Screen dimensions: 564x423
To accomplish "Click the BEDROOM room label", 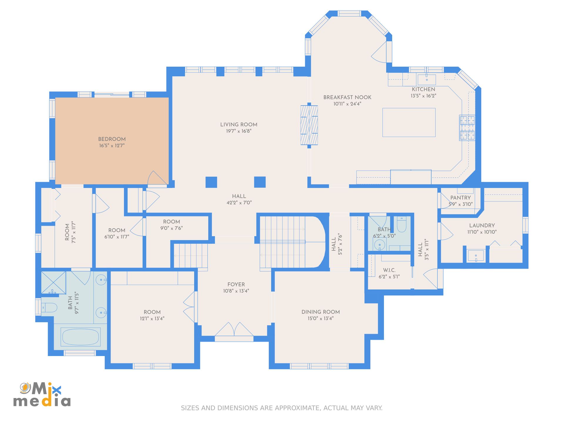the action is pyautogui.click(x=112, y=139).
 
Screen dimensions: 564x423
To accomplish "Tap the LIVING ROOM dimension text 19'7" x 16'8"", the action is pyautogui.click(x=239, y=131).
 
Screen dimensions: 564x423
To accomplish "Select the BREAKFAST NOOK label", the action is pyautogui.click(x=347, y=97).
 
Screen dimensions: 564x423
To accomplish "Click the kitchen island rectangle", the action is pyautogui.click(x=409, y=122).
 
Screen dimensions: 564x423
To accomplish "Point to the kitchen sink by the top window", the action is pyautogui.click(x=427, y=79).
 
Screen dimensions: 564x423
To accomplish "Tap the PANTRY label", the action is pyautogui.click(x=461, y=198).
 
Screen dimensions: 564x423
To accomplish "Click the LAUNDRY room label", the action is pyautogui.click(x=482, y=226).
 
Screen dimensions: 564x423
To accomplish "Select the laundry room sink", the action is pyautogui.click(x=476, y=256).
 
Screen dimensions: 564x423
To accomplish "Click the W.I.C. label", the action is pyautogui.click(x=389, y=270).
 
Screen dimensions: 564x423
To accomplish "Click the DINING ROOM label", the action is pyautogui.click(x=320, y=312).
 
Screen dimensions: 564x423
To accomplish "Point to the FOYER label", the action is pyautogui.click(x=236, y=284).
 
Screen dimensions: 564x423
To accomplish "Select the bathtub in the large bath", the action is pyautogui.click(x=80, y=337).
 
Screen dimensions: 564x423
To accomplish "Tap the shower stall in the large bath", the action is pyautogui.click(x=53, y=283).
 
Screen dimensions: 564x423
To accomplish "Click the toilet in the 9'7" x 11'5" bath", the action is pyautogui.click(x=49, y=308).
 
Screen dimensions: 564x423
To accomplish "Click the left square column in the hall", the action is pyautogui.click(x=211, y=182).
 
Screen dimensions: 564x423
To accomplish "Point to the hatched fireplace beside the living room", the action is pyautogui.click(x=309, y=125).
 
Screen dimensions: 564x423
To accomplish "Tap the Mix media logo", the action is pyautogui.click(x=42, y=395).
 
